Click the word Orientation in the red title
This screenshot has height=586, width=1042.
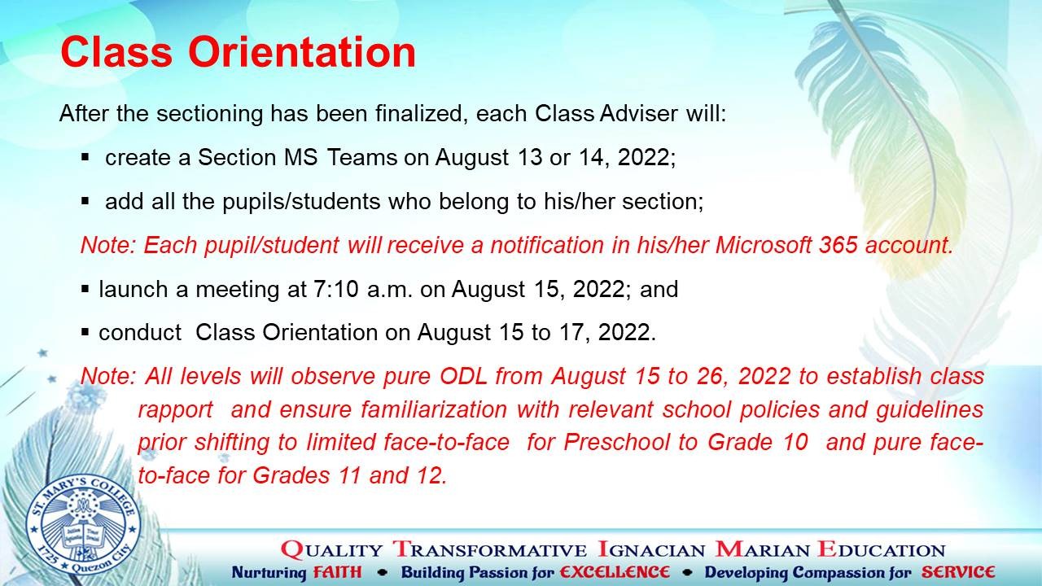pyautogui.click(x=302, y=51)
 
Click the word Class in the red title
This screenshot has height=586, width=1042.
pyautogui.click(x=116, y=51)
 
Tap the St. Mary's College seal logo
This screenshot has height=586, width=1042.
pyautogui.click(x=83, y=529)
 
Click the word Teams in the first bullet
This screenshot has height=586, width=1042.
pyautogui.click(x=362, y=157)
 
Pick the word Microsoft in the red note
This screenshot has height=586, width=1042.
pyautogui.click(x=764, y=245)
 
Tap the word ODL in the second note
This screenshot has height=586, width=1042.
pyautogui.click(x=463, y=376)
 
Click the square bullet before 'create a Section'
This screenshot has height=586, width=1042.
pyautogui.click(x=85, y=157)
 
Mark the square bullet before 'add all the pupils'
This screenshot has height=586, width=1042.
pyautogui.click(x=85, y=201)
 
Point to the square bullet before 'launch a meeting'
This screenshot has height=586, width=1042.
pyautogui.click(x=85, y=289)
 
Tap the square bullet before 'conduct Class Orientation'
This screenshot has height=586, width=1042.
pyautogui.click(x=85, y=332)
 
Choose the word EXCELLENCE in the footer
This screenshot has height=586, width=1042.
pyautogui.click(x=615, y=572)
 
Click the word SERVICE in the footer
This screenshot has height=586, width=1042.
pyautogui.click(x=958, y=572)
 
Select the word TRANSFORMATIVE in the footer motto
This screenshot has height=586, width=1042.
pyautogui.click(x=490, y=549)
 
